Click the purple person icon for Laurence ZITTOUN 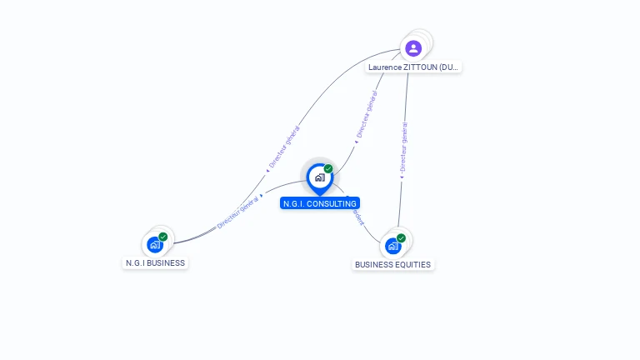point(413,48)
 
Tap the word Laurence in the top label point(386,67)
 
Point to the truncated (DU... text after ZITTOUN point(447,67)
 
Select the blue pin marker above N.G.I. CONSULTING point(319,177)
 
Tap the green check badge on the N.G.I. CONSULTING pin point(328,169)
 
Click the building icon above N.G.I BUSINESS point(154,245)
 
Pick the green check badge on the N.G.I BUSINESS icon point(163,237)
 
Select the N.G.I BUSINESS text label point(155,263)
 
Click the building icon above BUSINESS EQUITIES point(392,247)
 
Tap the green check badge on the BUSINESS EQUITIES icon point(401,238)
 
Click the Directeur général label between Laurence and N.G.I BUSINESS point(285,147)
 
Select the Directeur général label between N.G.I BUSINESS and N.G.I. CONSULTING point(238,212)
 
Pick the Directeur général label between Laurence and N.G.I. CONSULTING point(367,115)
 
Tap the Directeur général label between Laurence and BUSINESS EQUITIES point(404,147)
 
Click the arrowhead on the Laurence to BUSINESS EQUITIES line point(401,177)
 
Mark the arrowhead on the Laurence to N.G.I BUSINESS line point(267,170)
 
